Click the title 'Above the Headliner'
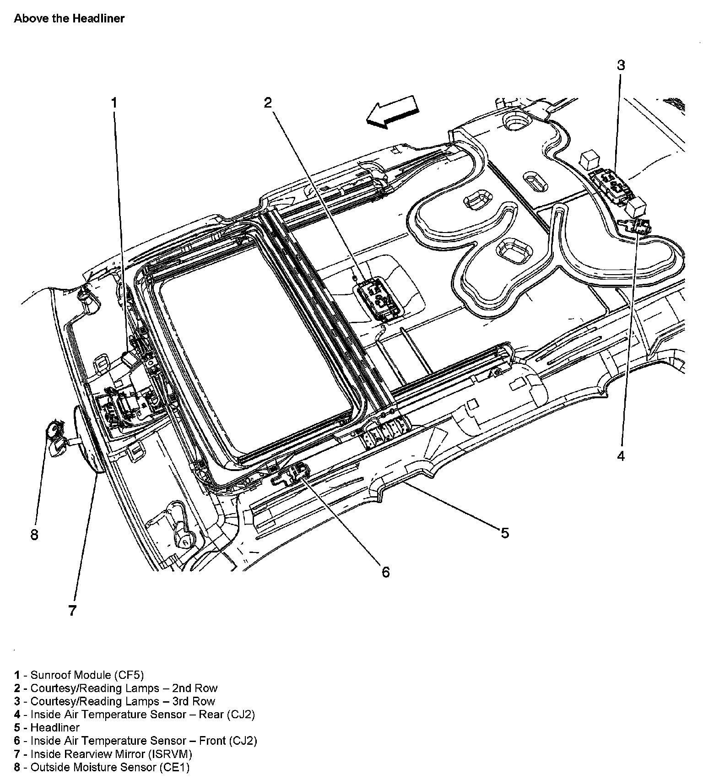69,19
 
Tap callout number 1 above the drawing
114,103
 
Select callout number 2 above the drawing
268,103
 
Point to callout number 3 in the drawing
621,65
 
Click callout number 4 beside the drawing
621,456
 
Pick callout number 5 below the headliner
504,533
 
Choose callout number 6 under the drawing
385,572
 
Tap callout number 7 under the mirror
72,610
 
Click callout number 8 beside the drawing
34,534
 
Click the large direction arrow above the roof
392,112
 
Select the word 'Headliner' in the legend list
55,727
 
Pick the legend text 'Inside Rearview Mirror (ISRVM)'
111,753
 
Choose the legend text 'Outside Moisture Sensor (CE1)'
110,767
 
